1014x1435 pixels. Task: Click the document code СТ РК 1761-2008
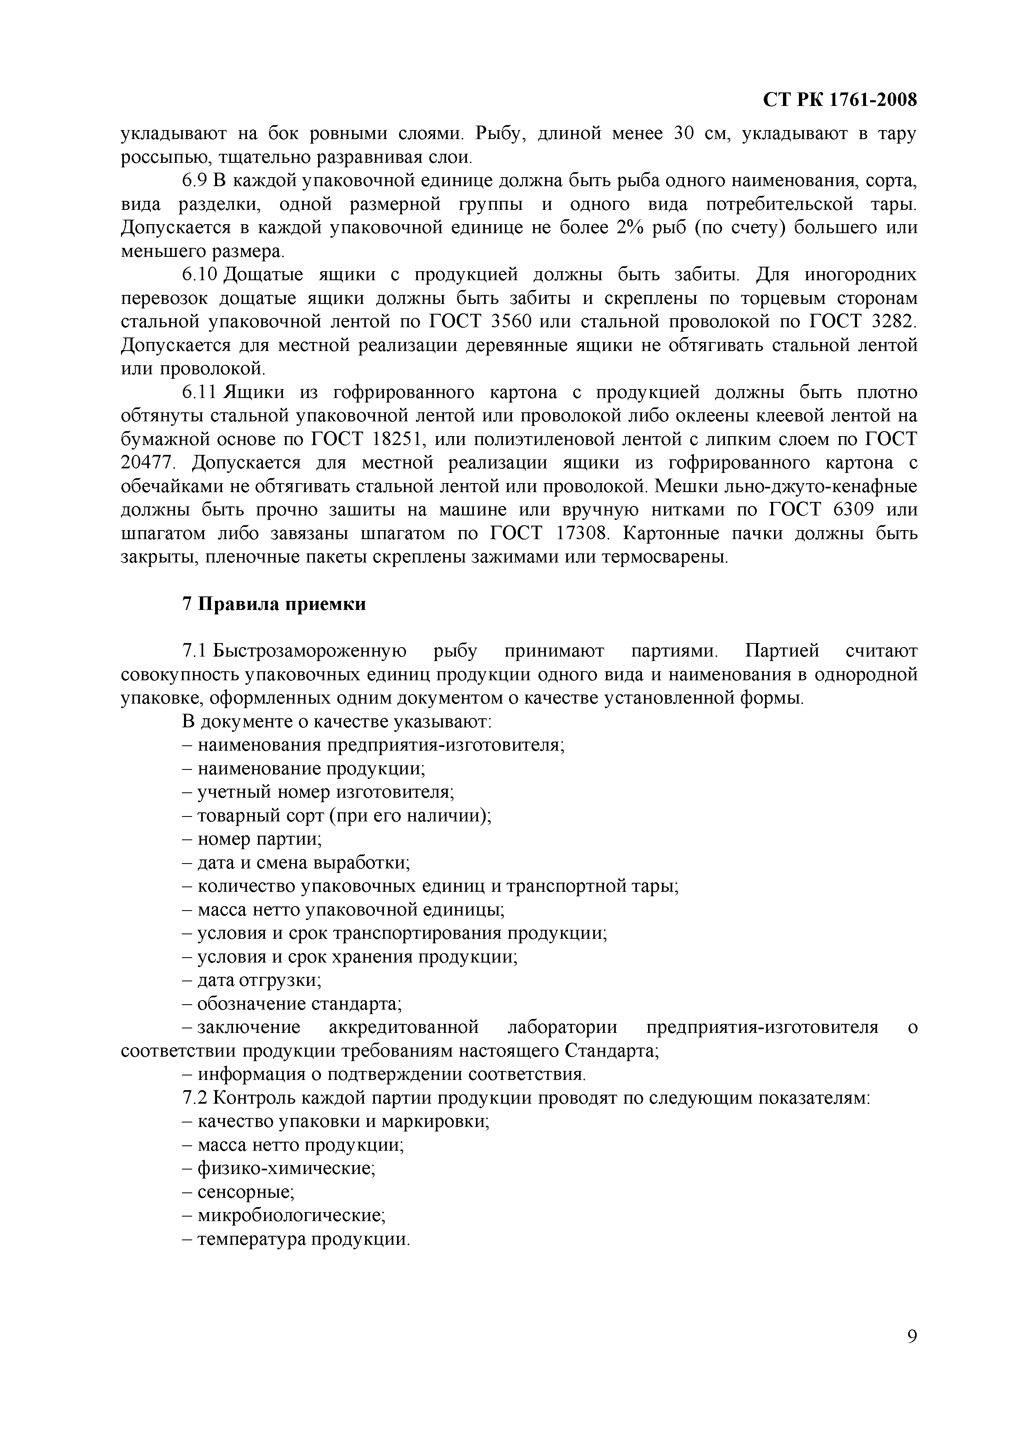(840, 100)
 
